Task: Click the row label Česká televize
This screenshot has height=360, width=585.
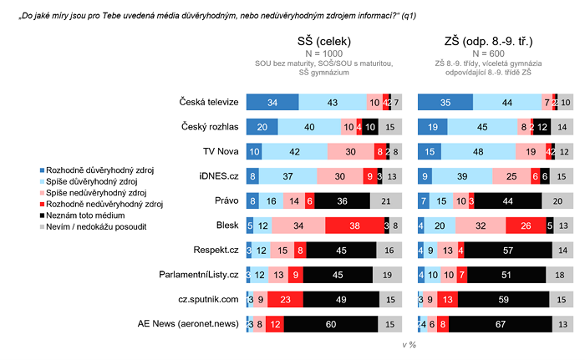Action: point(210,102)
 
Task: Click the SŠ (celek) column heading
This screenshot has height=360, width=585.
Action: point(324,41)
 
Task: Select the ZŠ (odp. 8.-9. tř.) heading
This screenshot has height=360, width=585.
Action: point(489,41)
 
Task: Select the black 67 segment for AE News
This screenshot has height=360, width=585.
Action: point(500,323)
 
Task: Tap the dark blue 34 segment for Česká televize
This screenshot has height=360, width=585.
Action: point(272,102)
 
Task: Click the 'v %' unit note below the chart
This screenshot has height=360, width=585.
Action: point(409,343)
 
